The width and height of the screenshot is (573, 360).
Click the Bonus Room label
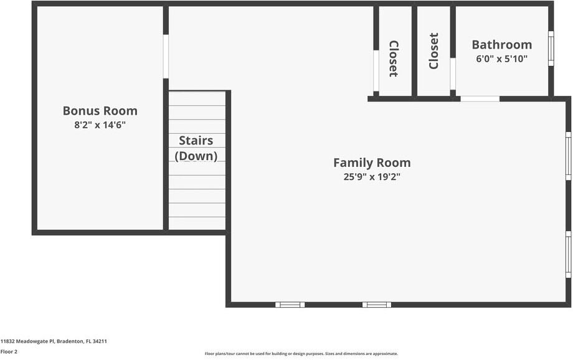(x=100, y=111)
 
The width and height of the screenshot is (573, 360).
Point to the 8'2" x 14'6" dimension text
(x=100, y=125)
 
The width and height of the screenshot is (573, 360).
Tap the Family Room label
(x=372, y=163)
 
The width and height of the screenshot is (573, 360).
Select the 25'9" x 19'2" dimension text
(x=372, y=177)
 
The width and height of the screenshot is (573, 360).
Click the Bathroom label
(x=501, y=44)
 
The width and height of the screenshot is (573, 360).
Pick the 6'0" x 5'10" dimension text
(x=501, y=59)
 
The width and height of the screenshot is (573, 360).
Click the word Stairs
(x=196, y=141)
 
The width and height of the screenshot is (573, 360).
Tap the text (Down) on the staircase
(x=196, y=156)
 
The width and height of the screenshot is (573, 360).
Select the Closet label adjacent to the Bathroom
(x=434, y=51)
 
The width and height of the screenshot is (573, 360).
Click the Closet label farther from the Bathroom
(x=394, y=59)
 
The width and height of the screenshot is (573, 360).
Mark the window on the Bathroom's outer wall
(x=551, y=49)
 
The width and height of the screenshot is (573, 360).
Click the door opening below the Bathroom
(x=480, y=98)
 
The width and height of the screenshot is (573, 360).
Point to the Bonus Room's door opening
(x=166, y=56)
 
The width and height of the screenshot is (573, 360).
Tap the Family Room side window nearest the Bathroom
(x=568, y=156)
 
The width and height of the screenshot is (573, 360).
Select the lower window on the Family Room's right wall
(x=568, y=254)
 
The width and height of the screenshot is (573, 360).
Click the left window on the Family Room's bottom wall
(x=290, y=305)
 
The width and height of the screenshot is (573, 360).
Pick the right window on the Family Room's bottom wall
(x=377, y=305)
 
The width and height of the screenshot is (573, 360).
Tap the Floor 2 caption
(x=9, y=351)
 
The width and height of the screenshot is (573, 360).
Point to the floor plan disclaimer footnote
(x=301, y=354)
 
